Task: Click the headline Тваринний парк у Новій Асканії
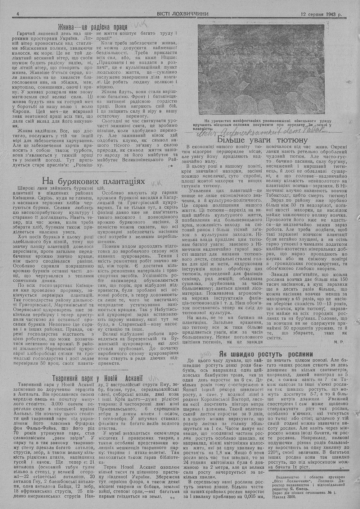(98, 378)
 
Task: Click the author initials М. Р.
(337, 340)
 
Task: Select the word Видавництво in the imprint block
(287, 481)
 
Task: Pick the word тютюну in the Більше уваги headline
(291, 140)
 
